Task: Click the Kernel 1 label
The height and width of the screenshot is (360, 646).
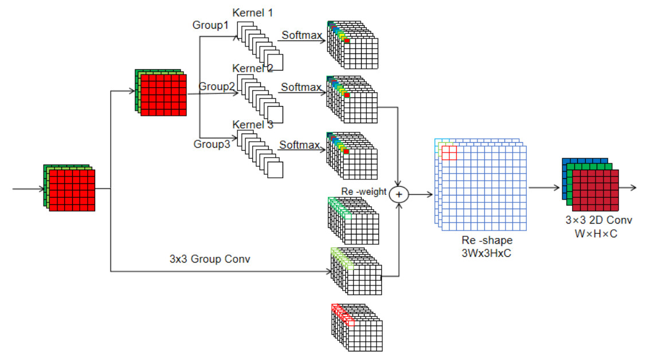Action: (x=253, y=13)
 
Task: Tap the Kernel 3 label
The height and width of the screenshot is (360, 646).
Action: (x=253, y=124)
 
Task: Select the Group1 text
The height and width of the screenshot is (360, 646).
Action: (x=210, y=25)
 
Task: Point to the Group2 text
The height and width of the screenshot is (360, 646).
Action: (x=217, y=87)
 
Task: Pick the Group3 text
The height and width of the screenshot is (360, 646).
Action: (x=212, y=144)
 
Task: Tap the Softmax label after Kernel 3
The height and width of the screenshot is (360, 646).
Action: (x=299, y=145)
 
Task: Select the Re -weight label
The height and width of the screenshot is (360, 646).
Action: (x=363, y=191)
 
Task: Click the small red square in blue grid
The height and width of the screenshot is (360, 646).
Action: (x=449, y=153)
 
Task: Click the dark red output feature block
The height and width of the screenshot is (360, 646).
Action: (x=596, y=190)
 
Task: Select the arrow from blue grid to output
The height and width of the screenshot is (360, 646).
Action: (x=543, y=187)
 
